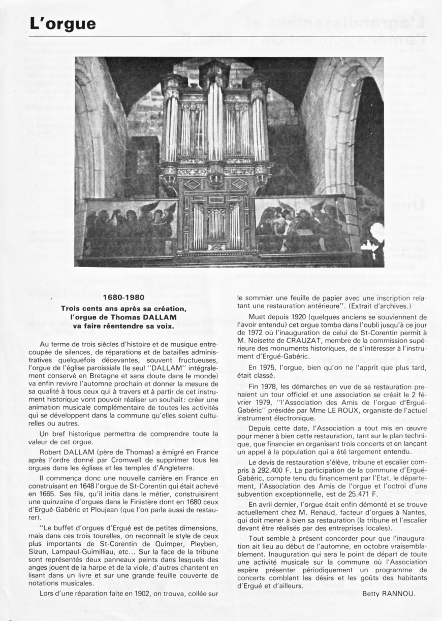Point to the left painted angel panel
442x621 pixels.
pyautogui.click(x=131, y=226)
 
